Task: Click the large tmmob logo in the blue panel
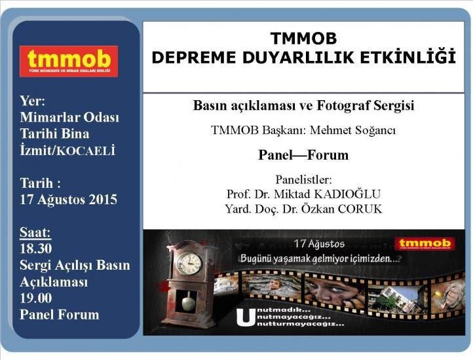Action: (x=69, y=62)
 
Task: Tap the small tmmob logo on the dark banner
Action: (x=425, y=244)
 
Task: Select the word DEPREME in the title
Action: (x=193, y=58)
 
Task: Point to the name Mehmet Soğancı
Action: (x=352, y=130)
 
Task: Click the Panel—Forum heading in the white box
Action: (x=303, y=155)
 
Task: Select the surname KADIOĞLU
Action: (x=347, y=194)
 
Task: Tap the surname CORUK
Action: (x=360, y=209)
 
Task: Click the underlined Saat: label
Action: (x=35, y=232)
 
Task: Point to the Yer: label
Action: (x=33, y=101)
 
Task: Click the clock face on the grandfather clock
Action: (x=189, y=264)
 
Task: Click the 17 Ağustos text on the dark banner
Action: (x=319, y=243)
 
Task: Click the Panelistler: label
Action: (x=303, y=180)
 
